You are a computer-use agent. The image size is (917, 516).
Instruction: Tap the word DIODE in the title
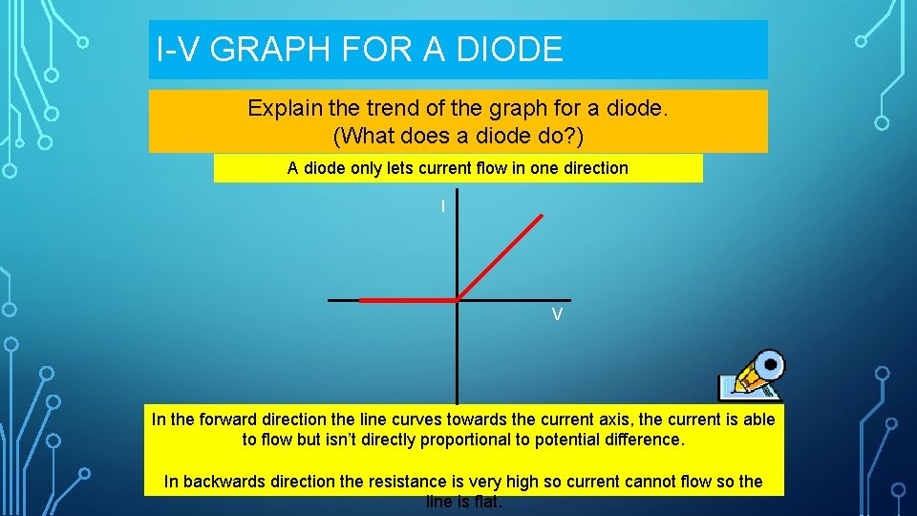click(x=512, y=50)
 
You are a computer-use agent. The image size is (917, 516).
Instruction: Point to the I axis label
click(x=442, y=206)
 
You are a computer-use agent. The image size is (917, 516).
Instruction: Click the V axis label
click(x=556, y=315)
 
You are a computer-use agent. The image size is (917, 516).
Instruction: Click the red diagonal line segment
click(x=501, y=257)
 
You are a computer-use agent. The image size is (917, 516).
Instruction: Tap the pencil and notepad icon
click(x=751, y=376)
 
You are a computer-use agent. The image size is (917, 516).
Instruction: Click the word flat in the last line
click(x=486, y=502)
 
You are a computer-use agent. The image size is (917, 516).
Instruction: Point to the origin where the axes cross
click(x=457, y=301)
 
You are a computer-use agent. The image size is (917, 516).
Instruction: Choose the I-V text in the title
click(x=180, y=50)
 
